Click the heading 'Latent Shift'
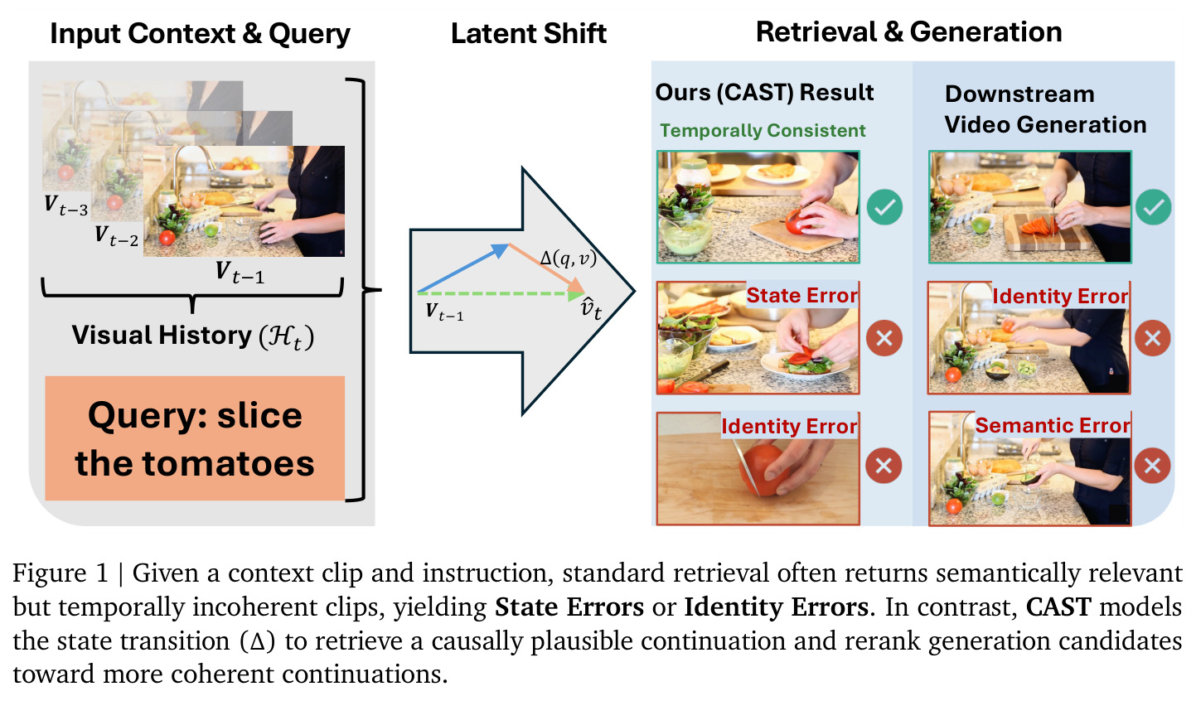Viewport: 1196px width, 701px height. click(x=528, y=33)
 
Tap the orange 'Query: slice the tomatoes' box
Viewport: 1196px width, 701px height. click(x=195, y=438)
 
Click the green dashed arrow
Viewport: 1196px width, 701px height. click(x=500, y=293)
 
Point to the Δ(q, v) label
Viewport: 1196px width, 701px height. click(x=568, y=259)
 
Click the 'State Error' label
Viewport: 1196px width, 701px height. click(x=802, y=295)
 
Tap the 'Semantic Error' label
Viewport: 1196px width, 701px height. click(x=1053, y=425)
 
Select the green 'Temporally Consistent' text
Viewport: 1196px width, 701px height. click(x=763, y=130)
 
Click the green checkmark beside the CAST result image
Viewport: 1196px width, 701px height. click(x=884, y=207)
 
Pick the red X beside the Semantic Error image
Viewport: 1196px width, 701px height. click(x=1152, y=466)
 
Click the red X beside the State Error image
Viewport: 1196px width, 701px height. click(x=884, y=338)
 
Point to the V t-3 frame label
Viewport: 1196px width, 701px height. click(x=65, y=205)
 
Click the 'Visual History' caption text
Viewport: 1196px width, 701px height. click(x=193, y=336)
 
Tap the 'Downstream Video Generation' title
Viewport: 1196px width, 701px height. click(x=1045, y=109)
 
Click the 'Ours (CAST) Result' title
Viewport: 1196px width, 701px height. click(x=764, y=93)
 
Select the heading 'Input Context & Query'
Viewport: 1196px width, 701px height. click(x=201, y=33)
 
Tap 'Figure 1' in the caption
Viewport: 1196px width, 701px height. click(x=61, y=573)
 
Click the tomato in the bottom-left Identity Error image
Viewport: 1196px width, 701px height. click(x=764, y=469)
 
